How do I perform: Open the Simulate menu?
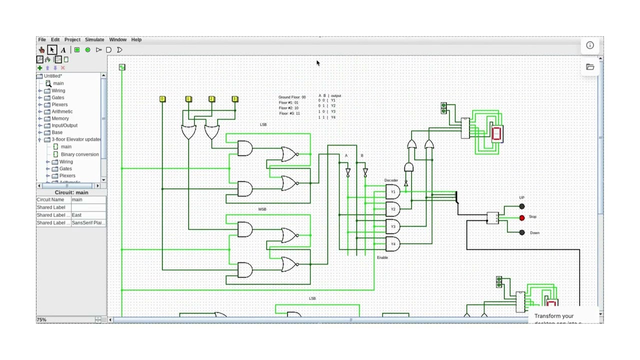point(94,39)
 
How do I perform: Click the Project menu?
point(72,39)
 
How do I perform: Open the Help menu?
point(136,39)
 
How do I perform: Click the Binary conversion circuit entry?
point(79,154)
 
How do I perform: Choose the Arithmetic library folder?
point(62,111)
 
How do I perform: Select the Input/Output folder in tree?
point(64,125)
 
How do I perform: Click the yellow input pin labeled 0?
point(162,99)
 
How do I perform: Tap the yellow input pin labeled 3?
point(235,99)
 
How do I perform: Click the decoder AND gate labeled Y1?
point(392,192)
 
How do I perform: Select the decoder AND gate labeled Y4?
point(392,244)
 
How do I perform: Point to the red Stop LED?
point(522,218)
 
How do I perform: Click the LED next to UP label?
point(522,206)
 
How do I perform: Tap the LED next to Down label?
point(522,232)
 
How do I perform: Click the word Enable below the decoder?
point(382,257)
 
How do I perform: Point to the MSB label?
point(262,209)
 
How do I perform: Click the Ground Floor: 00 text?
point(292,97)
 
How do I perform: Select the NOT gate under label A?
point(348,172)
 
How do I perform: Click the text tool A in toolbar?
point(63,50)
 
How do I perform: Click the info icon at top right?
point(590,45)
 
